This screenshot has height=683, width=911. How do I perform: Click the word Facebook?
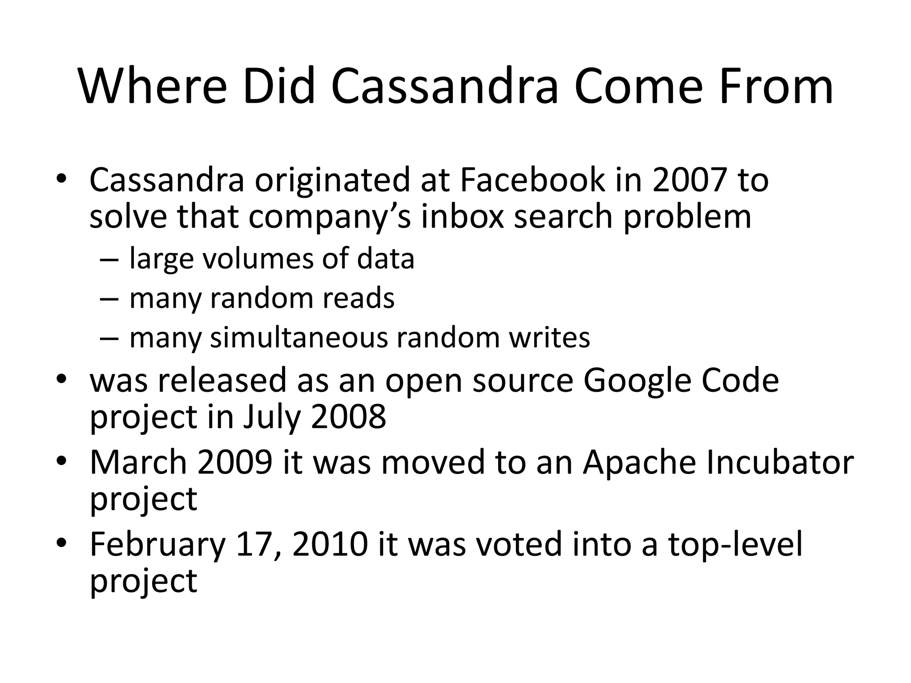[x=532, y=180]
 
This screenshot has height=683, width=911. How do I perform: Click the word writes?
[x=549, y=337]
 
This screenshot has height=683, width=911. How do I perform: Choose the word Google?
[x=637, y=381]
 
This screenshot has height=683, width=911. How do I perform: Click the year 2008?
[x=348, y=417]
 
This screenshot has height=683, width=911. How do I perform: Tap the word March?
[x=138, y=462]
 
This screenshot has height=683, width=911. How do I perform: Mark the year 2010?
[x=330, y=544]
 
